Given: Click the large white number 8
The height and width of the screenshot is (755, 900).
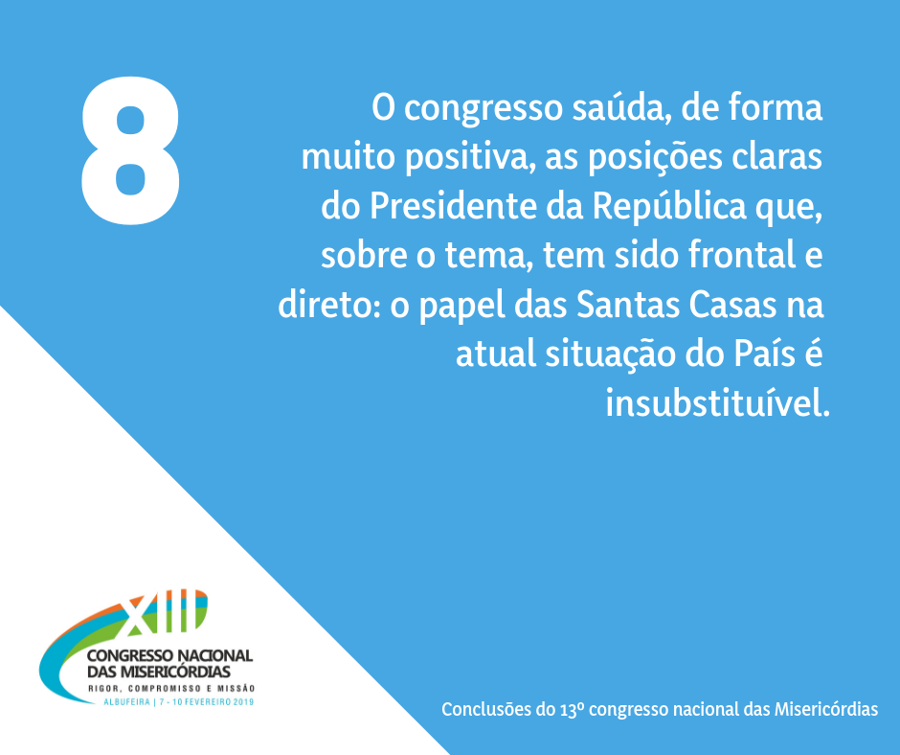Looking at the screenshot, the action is click(x=130, y=150).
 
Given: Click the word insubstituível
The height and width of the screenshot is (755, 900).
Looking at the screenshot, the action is click(x=717, y=402).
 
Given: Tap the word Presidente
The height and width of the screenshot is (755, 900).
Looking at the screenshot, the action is click(x=452, y=206).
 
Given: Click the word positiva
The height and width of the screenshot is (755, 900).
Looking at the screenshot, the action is click(x=466, y=158).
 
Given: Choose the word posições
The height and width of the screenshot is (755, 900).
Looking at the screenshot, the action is click(x=655, y=158).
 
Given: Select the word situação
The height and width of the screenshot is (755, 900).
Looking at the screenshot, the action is click(x=611, y=355).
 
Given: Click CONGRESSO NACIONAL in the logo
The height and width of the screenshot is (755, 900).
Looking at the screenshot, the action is click(x=169, y=655).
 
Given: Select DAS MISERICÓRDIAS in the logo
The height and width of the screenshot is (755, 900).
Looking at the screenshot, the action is click(x=159, y=672).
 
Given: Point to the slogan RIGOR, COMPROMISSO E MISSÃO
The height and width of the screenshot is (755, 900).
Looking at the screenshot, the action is click(x=171, y=688).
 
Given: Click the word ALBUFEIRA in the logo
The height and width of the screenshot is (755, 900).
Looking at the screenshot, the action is click(x=126, y=702).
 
